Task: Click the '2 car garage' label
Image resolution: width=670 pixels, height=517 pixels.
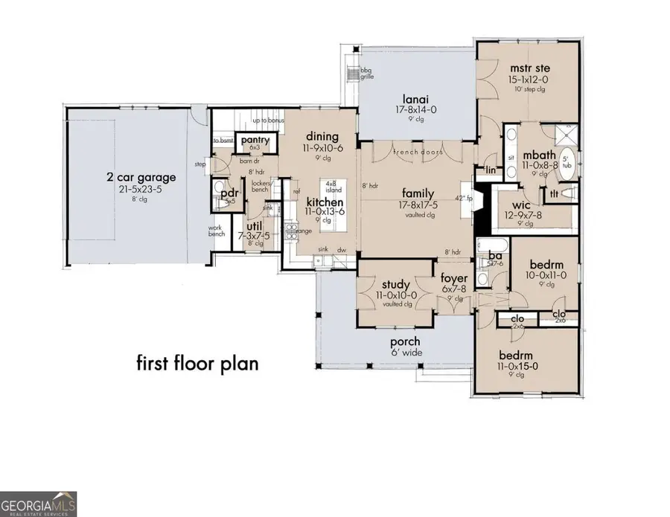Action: point(141,177)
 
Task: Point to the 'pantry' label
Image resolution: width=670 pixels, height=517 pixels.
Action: point(255,139)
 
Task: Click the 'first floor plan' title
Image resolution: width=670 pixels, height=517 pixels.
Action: point(197,363)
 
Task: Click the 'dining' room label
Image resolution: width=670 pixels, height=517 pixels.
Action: point(322,136)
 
